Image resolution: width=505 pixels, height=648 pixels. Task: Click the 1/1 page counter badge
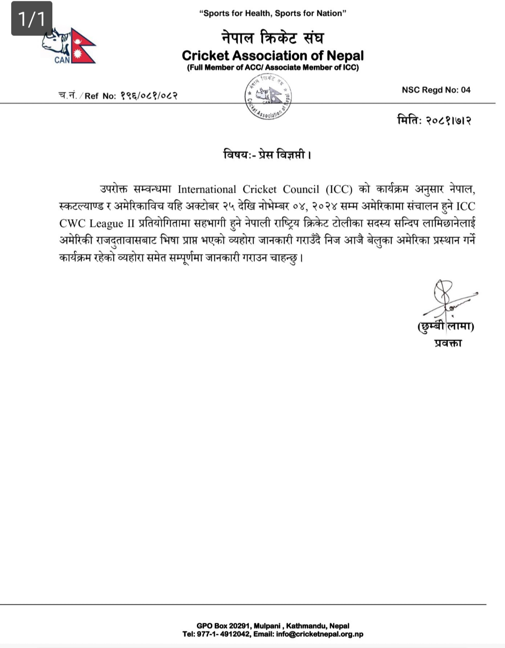[32, 19]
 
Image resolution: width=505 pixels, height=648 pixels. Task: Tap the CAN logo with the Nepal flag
[69, 46]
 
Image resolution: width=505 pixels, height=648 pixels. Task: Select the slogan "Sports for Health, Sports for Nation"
[273, 13]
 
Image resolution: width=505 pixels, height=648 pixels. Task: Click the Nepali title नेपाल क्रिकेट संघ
[273, 37]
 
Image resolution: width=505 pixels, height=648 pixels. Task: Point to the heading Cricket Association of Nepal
[273, 56]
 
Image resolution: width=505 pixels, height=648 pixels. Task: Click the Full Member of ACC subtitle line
[273, 68]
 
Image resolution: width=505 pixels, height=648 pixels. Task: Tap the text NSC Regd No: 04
[436, 90]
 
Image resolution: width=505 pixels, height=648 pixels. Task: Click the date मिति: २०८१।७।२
[434, 120]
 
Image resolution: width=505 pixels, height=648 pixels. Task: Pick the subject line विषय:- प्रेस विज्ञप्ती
[267, 154]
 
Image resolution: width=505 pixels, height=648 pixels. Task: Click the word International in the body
[207, 189]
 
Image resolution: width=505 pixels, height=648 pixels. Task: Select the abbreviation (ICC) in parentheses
[339, 189]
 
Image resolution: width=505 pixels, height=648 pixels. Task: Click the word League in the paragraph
[106, 223]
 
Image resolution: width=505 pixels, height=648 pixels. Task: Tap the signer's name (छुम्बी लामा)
[446, 326]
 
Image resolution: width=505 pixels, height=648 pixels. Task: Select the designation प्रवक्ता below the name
[447, 343]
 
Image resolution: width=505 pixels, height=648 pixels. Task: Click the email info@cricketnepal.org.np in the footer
[319, 634]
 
